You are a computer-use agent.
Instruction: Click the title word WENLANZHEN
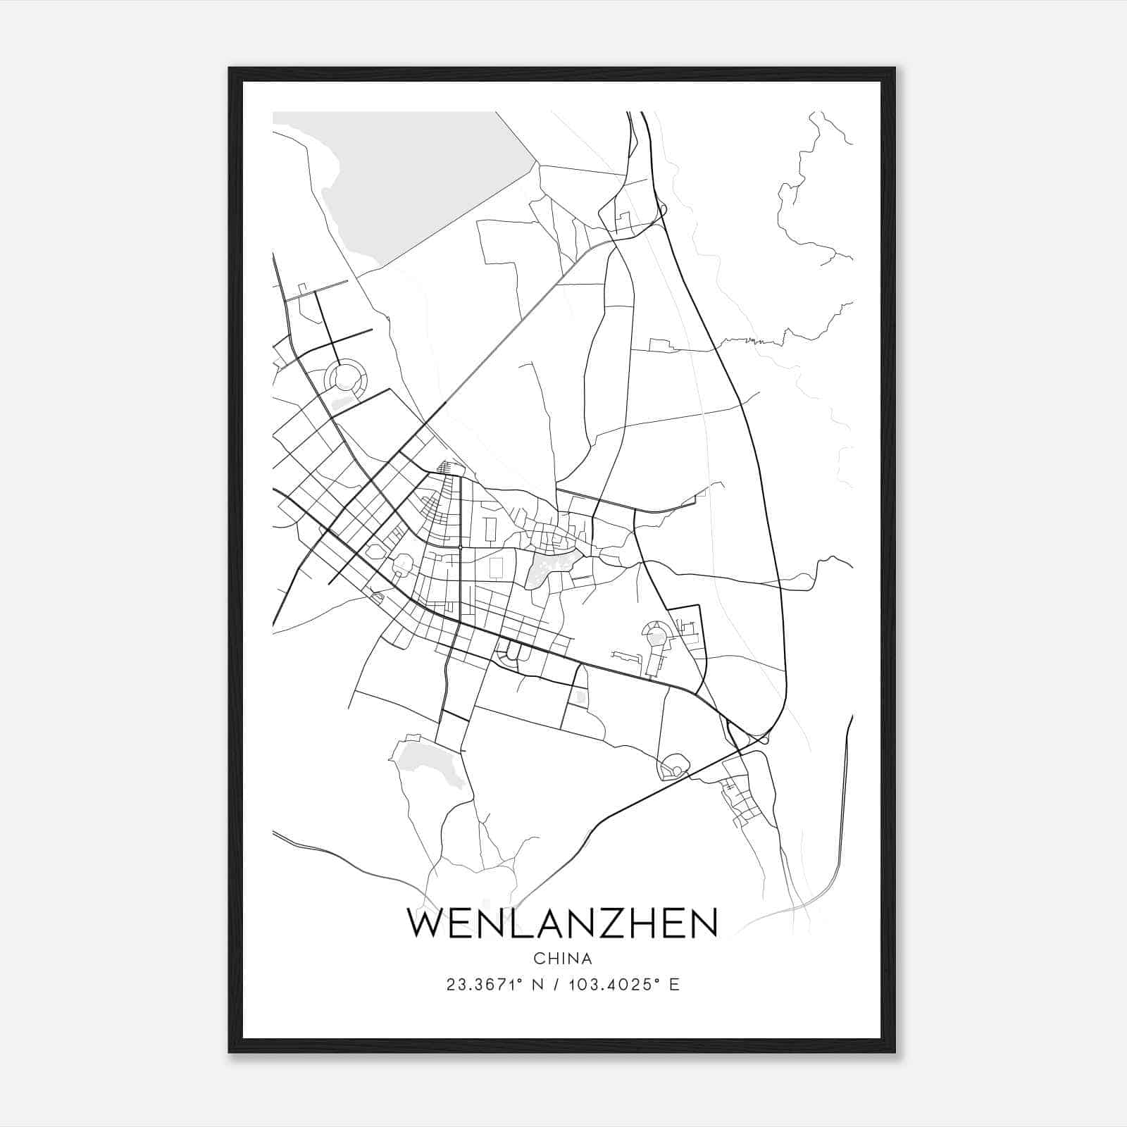[x=562, y=923]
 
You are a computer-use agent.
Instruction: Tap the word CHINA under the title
[x=562, y=959]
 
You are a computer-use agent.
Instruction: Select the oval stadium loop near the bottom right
[x=673, y=765]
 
